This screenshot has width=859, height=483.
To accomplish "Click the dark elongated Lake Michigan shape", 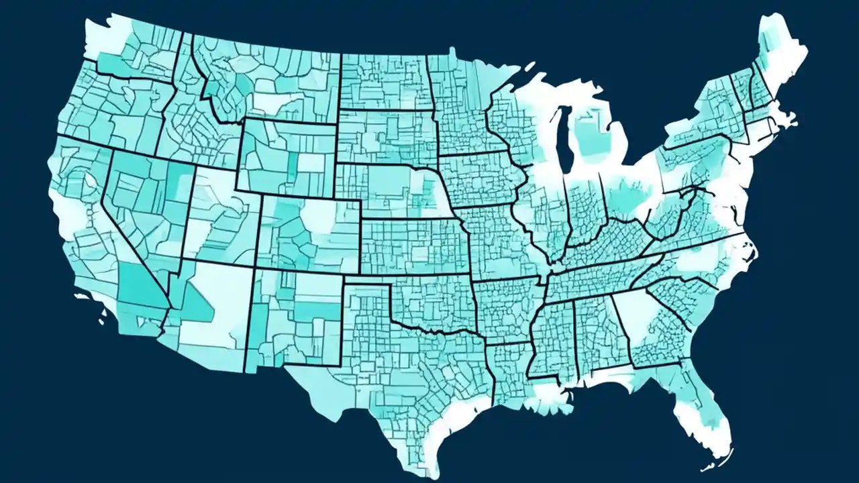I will pos(562,138).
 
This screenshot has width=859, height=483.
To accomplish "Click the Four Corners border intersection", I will pos(254,268).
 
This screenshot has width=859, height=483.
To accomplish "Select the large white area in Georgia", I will pos(634,315).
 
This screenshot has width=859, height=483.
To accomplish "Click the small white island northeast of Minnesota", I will pos(530,65).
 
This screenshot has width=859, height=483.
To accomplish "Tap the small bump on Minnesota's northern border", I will pos(452,50).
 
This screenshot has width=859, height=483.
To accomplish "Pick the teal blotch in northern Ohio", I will pos(627,195).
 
